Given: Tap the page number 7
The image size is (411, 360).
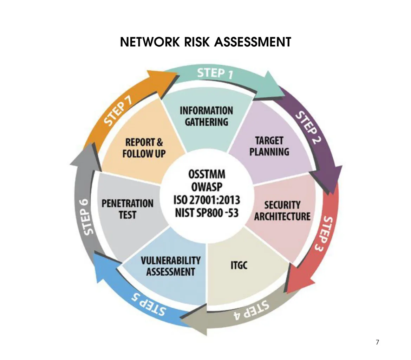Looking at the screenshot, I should point(377,342).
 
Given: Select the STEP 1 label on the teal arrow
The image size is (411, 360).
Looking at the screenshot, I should point(215,73).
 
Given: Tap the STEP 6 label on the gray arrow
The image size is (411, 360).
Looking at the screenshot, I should point(84,217).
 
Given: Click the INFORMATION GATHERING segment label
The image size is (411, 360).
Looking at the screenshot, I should point(207,116).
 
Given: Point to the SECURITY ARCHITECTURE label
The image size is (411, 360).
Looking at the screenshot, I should point(282,211).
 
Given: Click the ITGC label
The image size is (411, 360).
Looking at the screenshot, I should point(239,265).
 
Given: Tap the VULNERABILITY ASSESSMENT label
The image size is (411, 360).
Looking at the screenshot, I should point(171,266).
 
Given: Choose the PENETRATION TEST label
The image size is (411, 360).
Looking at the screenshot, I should point(128,209).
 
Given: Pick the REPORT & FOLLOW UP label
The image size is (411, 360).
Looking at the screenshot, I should point(144,148).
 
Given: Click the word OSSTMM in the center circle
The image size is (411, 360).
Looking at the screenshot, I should point(207,175).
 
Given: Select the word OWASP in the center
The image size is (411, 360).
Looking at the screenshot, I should point(207,187).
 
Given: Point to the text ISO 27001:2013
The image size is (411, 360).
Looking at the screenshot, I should point(207,200).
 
